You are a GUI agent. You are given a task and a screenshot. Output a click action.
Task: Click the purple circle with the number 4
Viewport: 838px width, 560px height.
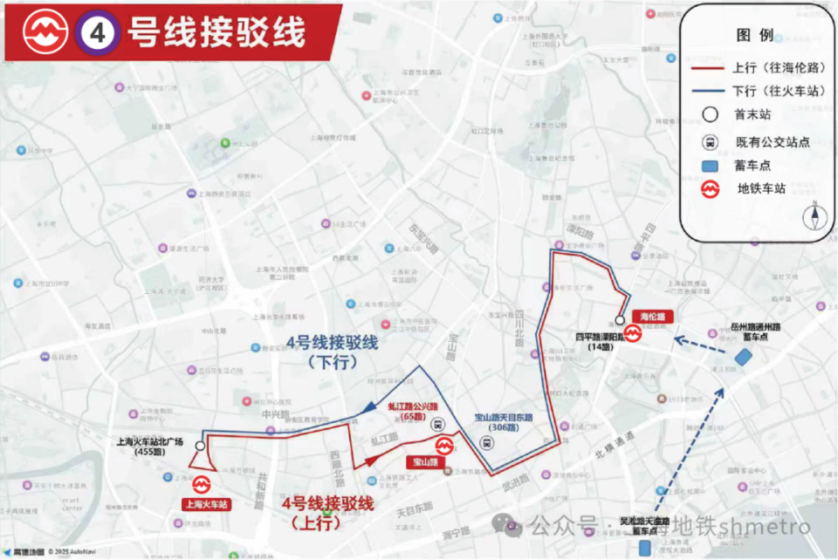[x=96, y=32]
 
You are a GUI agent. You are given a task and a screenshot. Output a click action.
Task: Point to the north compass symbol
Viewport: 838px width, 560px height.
[x=814, y=215]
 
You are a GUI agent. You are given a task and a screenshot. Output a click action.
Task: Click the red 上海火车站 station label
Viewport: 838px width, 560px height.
[x=207, y=504]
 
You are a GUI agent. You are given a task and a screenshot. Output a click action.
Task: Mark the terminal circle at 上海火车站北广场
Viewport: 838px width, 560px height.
[x=201, y=446]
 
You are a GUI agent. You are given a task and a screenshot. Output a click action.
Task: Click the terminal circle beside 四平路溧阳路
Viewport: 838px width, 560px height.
[x=620, y=320]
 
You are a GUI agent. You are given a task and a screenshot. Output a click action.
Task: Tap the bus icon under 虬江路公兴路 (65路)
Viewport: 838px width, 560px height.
[x=438, y=426]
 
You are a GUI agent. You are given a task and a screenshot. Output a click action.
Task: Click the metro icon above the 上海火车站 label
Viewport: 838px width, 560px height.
[x=203, y=483]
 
